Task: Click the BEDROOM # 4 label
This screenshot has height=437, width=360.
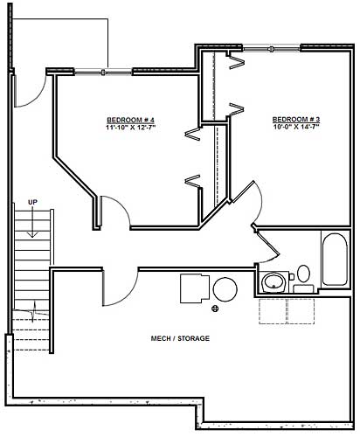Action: click(131, 119)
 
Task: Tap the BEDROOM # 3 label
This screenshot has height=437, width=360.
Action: click(296, 119)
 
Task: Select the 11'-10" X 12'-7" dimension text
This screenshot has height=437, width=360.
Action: click(131, 128)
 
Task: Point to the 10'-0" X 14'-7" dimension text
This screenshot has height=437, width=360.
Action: click(296, 128)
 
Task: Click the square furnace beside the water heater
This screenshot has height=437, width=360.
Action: click(194, 288)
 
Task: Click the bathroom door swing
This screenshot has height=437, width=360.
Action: click(269, 246)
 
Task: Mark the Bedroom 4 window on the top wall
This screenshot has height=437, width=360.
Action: click(104, 71)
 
